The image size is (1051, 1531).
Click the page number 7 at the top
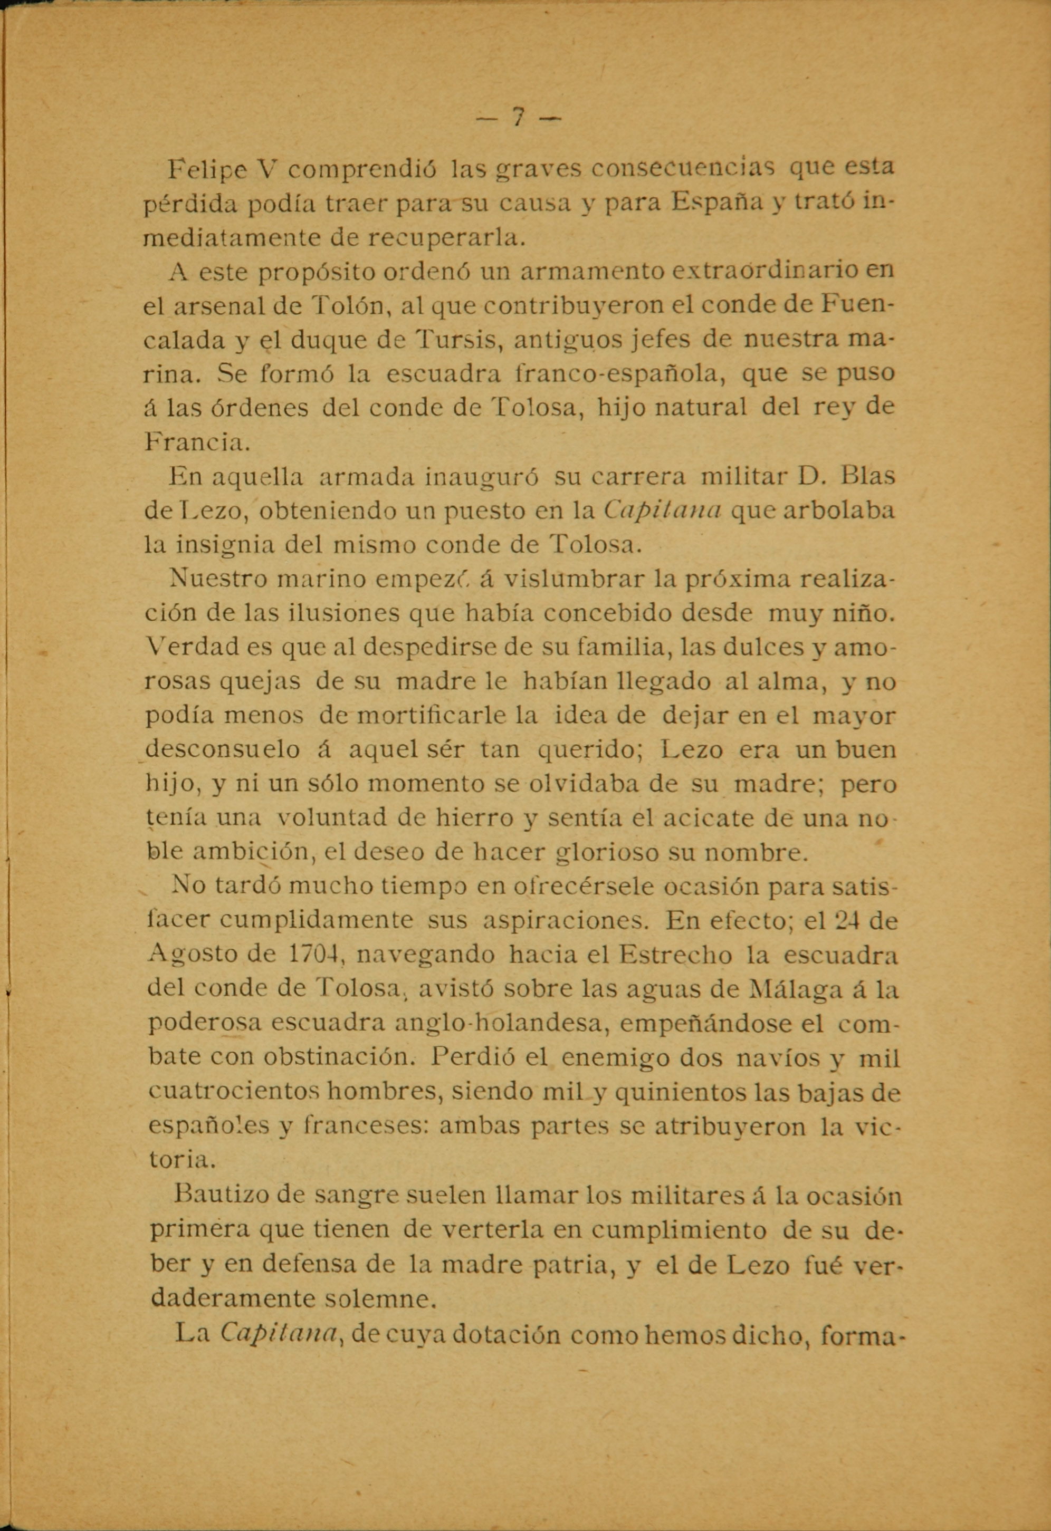pos(519,119)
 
